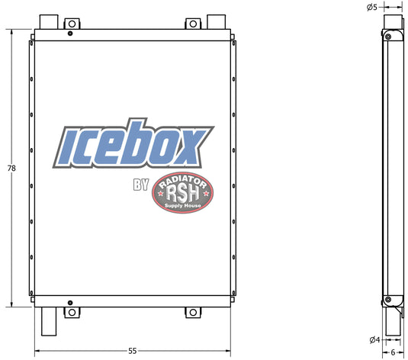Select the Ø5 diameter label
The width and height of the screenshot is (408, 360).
coord(372,7)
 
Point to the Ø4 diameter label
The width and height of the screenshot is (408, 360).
coord(374,339)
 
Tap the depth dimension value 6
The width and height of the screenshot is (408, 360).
coord(393,352)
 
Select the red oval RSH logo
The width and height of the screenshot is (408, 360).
coord(184,191)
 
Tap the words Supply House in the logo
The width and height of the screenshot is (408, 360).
coord(184,207)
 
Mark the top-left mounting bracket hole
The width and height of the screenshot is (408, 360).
coord(72,24)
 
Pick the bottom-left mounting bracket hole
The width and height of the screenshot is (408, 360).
coord(72,312)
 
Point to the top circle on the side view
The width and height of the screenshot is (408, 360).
coord(388,36)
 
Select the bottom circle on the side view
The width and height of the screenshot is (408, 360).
coord(389,301)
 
